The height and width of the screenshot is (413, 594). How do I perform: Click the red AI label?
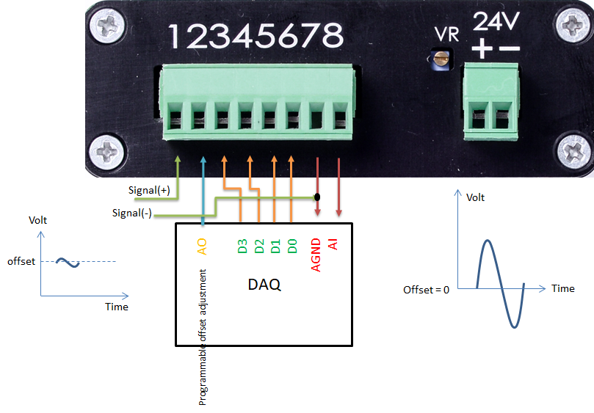tap(334, 244)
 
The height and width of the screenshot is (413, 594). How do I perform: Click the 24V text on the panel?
tap(496, 21)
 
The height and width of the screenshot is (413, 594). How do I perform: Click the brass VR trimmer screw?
tap(442, 59)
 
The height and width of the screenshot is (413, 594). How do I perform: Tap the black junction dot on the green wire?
tap(317, 197)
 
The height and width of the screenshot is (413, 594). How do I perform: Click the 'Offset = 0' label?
tap(425, 289)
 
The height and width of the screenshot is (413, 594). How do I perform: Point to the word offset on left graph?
tap(21, 261)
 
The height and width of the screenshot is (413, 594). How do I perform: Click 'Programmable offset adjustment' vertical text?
tap(203, 337)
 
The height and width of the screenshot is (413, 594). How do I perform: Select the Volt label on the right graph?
tap(476, 197)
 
